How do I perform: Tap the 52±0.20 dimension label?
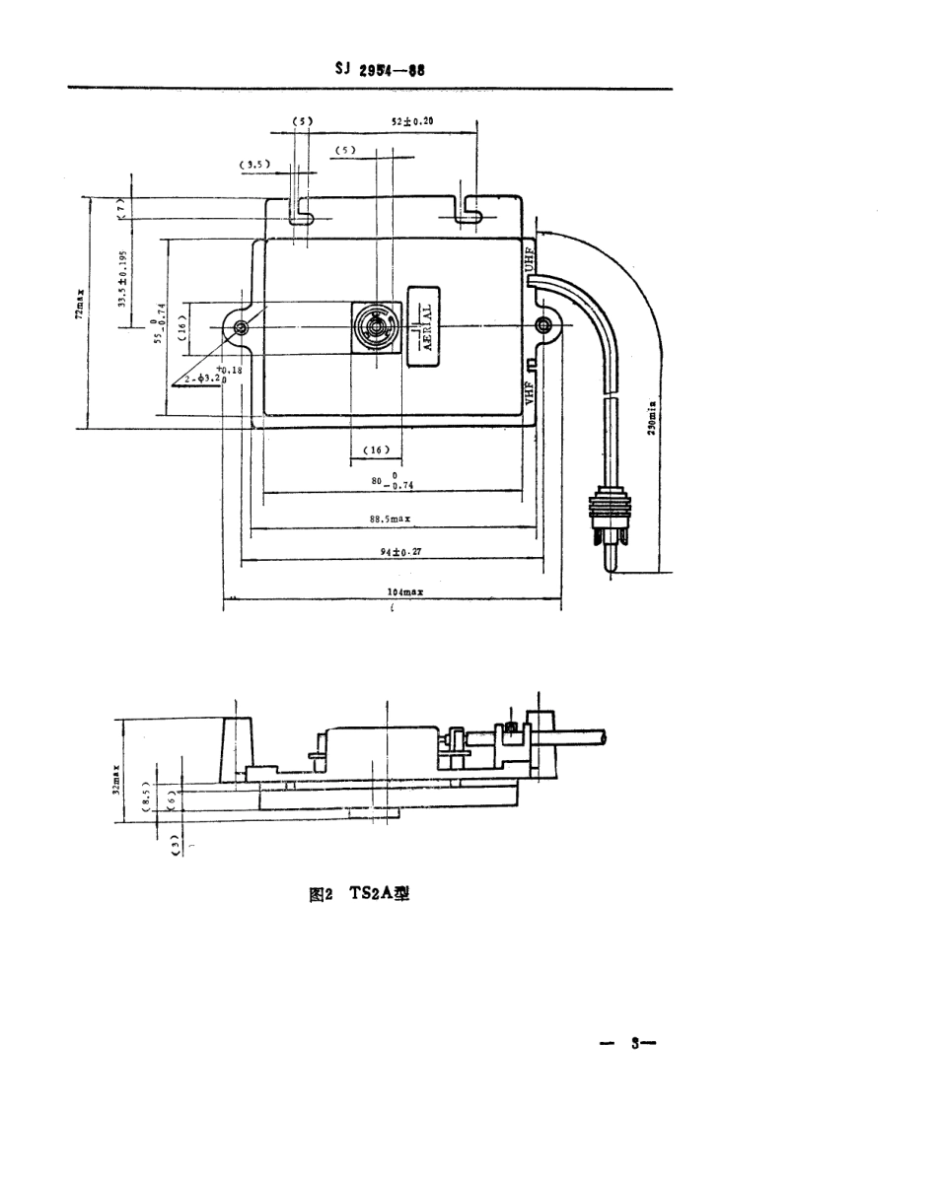(x=412, y=121)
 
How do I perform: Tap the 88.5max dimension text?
(x=395, y=517)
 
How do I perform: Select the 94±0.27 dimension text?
(x=400, y=552)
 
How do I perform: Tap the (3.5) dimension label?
(x=254, y=165)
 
